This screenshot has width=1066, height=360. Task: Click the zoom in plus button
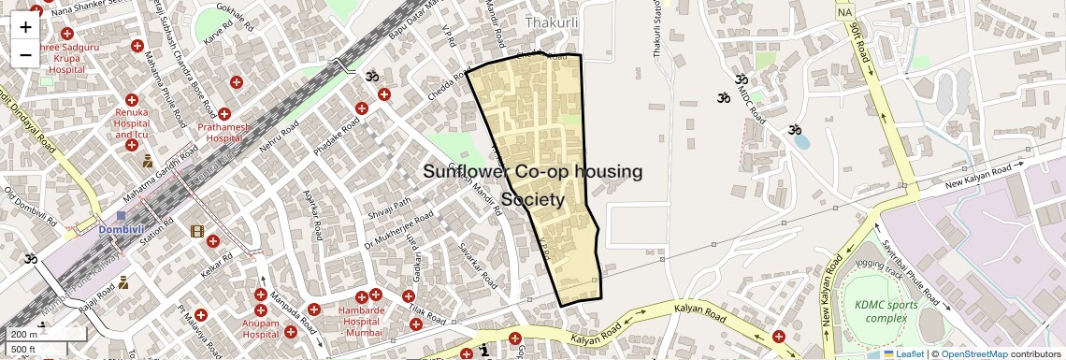click(x=25, y=26)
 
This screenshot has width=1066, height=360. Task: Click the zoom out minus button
click(x=25, y=54)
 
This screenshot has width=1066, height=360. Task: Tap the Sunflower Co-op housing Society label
click(x=533, y=185)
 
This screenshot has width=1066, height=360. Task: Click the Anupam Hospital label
click(x=260, y=327)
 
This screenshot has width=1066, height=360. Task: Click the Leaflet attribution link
click(x=904, y=354)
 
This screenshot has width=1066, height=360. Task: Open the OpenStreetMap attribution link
click(x=973, y=354)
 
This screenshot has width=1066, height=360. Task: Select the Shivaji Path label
click(x=389, y=204)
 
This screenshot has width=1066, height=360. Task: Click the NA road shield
click(x=845, y=12)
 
